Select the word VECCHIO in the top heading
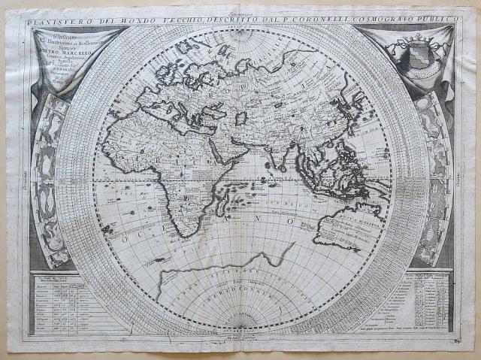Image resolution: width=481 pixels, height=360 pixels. click(x=188, y=14)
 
